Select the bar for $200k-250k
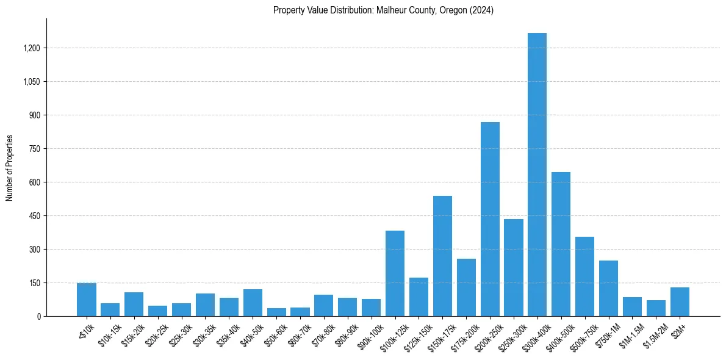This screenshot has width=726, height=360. (490, 219)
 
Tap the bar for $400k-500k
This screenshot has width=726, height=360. (561, 244)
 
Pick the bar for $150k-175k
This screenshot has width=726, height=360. (442, 256)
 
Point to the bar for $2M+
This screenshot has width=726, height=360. (680, 301)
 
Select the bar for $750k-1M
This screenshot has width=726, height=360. (608, 288)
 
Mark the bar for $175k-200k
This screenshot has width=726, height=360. (466, 287)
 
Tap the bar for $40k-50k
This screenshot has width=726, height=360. (253, 303)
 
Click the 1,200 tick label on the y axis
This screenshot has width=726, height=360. (31, 48)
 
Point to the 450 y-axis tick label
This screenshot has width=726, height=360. (34, 216)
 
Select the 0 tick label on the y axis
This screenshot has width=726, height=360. (38, 317)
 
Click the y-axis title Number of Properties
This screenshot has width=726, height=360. (10, 168)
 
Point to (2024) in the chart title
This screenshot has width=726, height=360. (482, 10)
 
